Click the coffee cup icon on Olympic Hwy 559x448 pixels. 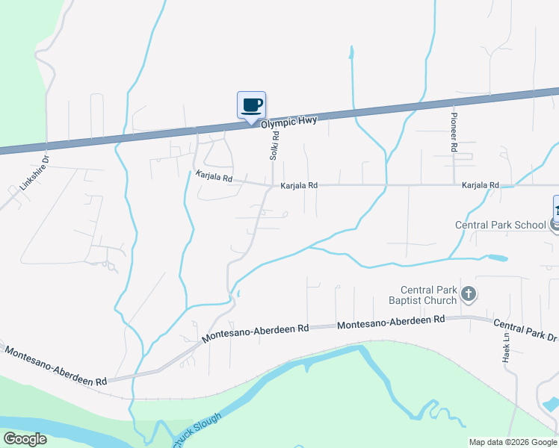(251, 105)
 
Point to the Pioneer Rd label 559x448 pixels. (453, 129)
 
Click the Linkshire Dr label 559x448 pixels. (34, 171)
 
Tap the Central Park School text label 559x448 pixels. (501, 225)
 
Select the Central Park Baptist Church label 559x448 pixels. (428, 295)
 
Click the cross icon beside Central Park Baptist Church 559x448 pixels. (468, 293)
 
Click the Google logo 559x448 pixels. (25, 439)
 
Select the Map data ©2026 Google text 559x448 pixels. (512, 442)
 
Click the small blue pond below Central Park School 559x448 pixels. (496, 258)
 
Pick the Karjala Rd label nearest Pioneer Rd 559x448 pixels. (480, 185)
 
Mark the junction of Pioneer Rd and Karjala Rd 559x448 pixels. (454, 184)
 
